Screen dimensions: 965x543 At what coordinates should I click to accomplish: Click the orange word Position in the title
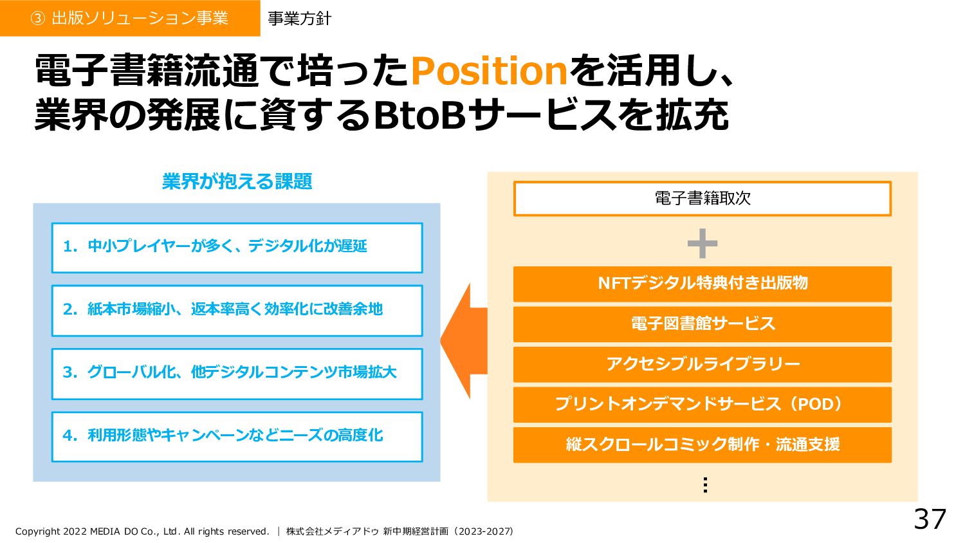tap(488, 71)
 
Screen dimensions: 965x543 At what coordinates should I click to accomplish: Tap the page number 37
tap(930, 519)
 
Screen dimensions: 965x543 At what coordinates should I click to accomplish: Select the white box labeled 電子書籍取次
tap(702, 198)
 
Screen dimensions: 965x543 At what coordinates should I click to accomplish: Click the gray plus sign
tap(702, 244)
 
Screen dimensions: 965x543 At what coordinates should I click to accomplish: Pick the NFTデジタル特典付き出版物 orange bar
tap(702, 283)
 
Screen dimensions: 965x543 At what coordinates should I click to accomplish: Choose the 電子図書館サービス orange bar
tap(702, 324)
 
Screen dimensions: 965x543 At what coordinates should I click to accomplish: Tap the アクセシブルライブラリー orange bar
tap(702, 364)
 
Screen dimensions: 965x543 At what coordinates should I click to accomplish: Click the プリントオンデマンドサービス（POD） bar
tap(702, 404)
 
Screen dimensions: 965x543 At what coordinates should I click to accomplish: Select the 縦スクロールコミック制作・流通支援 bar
tap(702, 445)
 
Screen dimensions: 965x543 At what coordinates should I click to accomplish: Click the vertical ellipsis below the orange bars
tap(705, 484)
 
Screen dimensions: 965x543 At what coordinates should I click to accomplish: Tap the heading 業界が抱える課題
tap(237, 181)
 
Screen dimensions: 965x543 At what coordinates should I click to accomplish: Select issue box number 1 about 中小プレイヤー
tap(237, 248)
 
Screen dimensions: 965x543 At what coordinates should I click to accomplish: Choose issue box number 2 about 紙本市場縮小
tap(237, 310)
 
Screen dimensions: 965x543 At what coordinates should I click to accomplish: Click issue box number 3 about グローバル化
tap(237, 373)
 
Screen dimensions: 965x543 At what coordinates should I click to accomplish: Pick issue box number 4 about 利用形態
tap(237, 436)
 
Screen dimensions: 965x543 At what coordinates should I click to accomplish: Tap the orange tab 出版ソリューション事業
tap(129, 18)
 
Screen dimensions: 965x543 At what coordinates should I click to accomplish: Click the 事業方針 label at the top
tap(299, 19)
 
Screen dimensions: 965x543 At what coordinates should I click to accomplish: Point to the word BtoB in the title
tap(419, 116)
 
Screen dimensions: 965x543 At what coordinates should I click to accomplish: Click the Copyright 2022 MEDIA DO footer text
tap(142, 531)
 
